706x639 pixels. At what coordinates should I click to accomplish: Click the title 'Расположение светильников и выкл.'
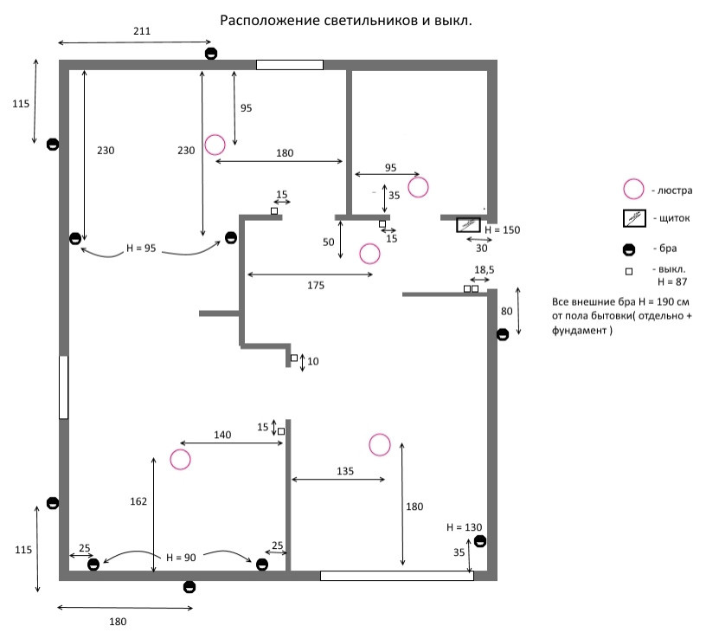(346, 20)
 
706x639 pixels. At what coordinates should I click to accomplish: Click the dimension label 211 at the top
(142, 32)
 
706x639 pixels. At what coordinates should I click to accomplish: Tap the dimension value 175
(315, 286)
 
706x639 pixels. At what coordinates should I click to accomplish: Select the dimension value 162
(138, 501)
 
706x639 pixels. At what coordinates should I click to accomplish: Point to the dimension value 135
(344, 471)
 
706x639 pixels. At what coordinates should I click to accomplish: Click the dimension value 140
(222, 436)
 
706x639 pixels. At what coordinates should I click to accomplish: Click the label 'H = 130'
(464, 526)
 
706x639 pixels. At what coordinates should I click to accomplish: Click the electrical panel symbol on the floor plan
(469, 225)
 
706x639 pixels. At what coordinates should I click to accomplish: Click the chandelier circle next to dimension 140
(180, 460)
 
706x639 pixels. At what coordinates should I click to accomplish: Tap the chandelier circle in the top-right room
(418, 186)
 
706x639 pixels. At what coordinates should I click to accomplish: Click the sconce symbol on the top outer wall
(211, 55)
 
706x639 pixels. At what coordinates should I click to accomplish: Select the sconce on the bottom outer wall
(189, 587)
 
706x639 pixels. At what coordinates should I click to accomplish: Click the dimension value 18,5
(484, 271)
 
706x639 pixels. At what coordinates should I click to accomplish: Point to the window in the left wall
(63, 386)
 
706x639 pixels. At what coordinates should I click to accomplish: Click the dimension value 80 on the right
(507, 311)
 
